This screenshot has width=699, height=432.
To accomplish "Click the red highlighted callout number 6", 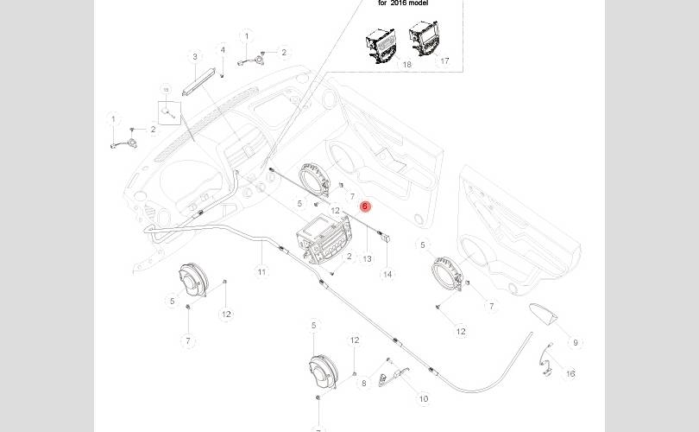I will click(x=364, y=206).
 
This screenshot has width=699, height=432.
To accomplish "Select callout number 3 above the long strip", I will click(x=195, y=57).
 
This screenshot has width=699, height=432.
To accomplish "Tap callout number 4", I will click(x=222, y=50).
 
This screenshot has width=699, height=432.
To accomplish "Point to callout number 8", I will click(x=364, y=383).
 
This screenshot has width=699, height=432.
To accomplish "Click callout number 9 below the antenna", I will click(x=576, y=343).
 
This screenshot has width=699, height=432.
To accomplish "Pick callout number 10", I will click(x=423, y=399).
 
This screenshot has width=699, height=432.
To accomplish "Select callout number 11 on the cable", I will click(x=261, y=272).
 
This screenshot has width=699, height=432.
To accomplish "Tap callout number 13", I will click(x=367, y=258).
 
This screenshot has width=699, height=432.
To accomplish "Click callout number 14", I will click(x=387, y=274).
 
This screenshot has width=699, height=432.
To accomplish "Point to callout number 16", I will click(x=570, y=373).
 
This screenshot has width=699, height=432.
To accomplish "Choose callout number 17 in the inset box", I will click(x=444, y=61).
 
